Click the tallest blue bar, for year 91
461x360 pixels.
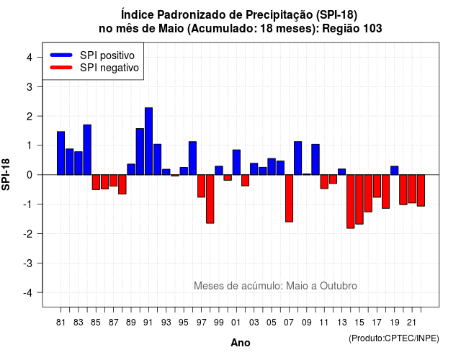pos(148,141)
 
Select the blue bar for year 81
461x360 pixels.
pos(61,153)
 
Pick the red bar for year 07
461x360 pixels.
pos(289,198)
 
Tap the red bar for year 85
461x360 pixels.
pos(96,182)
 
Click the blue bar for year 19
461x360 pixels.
pos(395,171)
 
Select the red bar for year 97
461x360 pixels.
pos(201,186)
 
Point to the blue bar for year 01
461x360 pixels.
pos(236,162)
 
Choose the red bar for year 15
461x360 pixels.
pos(359,199)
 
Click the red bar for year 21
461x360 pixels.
pos(412,189)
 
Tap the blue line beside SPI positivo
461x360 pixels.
pos(61,55)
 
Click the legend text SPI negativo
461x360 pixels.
pos(109,68)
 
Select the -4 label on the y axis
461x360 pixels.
pos(29,293)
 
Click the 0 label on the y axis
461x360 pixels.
pos(30,175)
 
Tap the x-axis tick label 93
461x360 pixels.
pos(166,323)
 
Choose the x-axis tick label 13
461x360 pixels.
pos(341,323)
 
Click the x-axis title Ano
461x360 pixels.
pos(241,343)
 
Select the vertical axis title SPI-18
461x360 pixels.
pos(6,174)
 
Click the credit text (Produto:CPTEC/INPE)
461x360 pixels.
pos(394,338)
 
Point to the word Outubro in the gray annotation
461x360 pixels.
pos(339,286)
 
